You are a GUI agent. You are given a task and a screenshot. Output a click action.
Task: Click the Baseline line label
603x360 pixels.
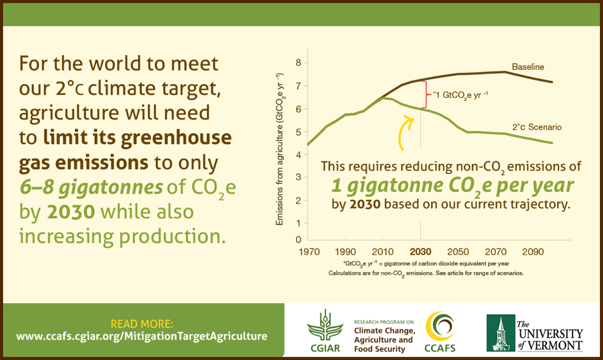coord(528,67)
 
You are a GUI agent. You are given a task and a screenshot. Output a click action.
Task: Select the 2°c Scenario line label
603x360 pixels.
coord(537,127)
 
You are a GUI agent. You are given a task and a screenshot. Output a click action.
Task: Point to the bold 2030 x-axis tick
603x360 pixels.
coord(421,252)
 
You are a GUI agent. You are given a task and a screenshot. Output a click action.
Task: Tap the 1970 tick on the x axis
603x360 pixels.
coord(309,252)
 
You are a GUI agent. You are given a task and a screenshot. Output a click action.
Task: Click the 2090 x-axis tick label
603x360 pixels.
coord(532,252)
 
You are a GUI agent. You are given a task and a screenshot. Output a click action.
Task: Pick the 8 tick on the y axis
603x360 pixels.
coord(299,62)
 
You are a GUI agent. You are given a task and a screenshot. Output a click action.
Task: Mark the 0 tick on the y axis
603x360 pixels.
coord(299,239)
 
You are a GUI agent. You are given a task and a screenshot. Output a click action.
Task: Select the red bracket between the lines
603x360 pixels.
coord(426,95)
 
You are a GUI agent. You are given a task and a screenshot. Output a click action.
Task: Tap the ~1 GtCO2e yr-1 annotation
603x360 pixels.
coord(460,95)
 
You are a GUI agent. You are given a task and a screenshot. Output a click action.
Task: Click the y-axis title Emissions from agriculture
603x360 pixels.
coord(280,149)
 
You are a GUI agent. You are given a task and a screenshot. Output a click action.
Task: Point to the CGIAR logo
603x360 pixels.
coord(325,331)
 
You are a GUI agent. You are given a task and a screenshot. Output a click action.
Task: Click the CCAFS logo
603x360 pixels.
coord(440,332)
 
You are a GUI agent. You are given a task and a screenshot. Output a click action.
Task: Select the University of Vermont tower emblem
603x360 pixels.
coord(500,333)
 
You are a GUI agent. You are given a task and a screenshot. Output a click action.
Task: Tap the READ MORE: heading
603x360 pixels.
coord(142,324)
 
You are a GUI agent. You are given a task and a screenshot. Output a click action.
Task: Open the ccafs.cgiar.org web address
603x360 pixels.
coord(142,336)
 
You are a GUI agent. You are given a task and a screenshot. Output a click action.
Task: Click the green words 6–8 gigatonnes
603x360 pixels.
coord(91,187)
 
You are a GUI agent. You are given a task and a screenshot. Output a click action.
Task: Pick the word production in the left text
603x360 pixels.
coord(172,236)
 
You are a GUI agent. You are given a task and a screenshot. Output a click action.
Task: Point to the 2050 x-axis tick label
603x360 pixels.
coord(458,252)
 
